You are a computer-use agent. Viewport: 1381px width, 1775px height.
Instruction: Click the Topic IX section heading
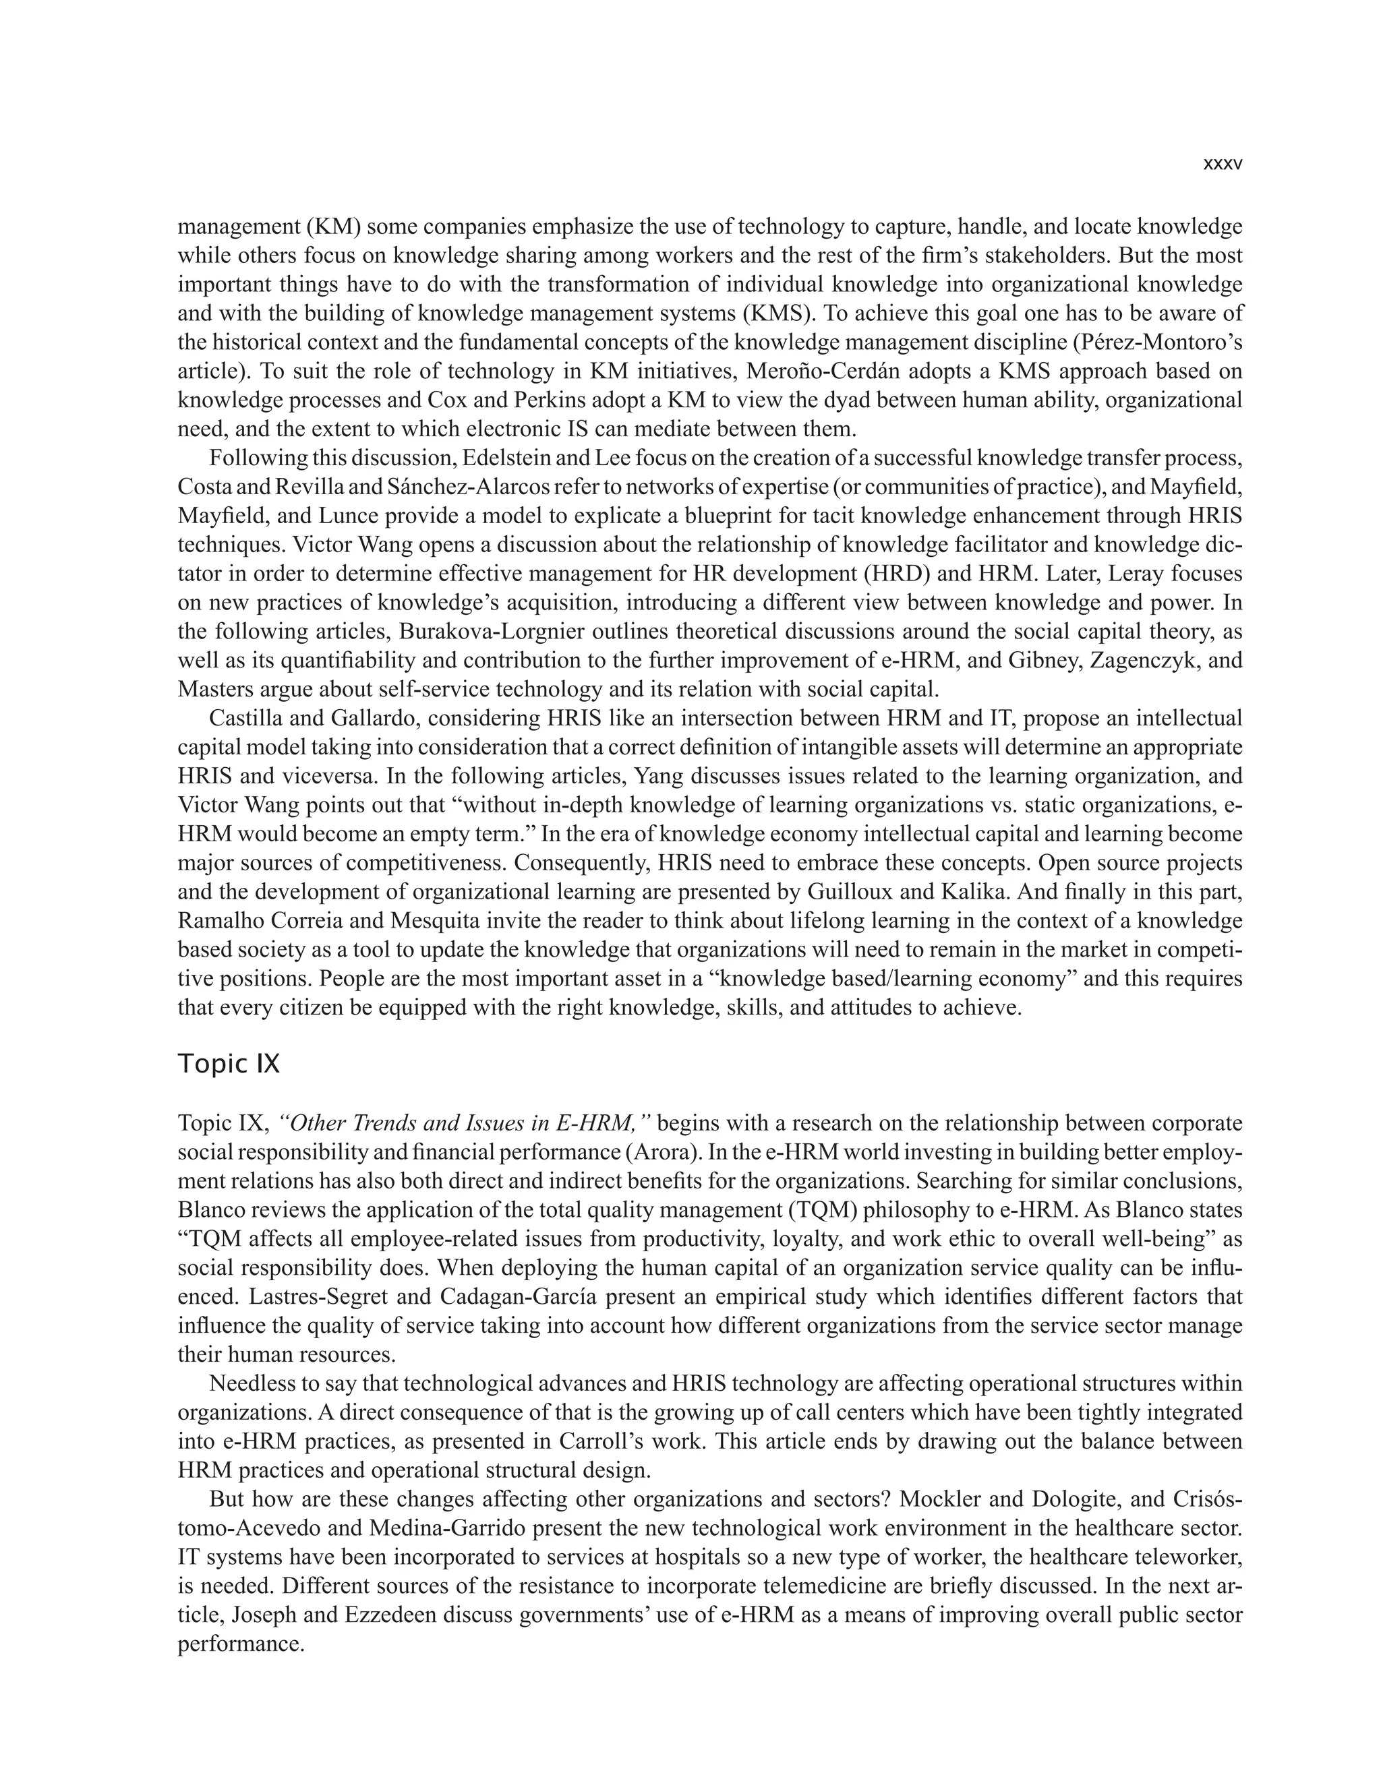click(229, 1064)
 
